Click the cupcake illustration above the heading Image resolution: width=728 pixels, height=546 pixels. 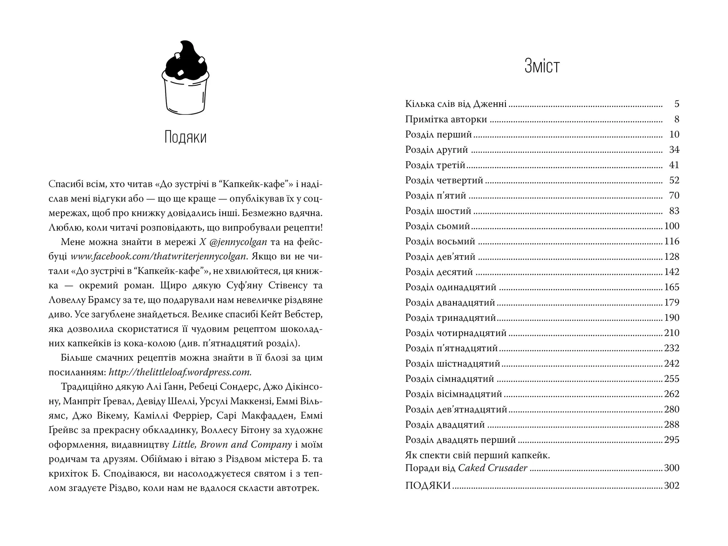pyautogui.click(x=185, y=77)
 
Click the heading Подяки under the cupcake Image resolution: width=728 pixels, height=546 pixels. pyautogui.click(x=185, y=137)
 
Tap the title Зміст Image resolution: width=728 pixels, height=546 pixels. pyautogui.click(x=542, y=66)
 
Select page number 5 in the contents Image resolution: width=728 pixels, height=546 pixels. pyautogui.click(x=677, y=104)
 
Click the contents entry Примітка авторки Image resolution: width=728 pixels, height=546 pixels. pyautogui.click(x=446, y=119)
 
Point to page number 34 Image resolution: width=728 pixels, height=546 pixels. pyautogui.click(x=674, y=150)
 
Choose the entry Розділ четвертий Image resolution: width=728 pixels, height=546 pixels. pyautogui.click(x=444, y=180)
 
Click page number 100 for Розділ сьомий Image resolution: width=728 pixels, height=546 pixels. pyautogui.click(x=672, y=226)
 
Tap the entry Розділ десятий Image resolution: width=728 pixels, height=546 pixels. pyautogui.click(x=439, y=272)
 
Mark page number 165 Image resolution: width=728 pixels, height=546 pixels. pyautogui.click(x=672, y=287)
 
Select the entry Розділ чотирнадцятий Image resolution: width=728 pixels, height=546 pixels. pyautogui.click(x=456, y=333)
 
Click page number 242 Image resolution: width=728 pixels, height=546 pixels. pyautogui.click(x=672, y=364)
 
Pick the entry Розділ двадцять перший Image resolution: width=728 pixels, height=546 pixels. pyautogui.click(x=460, y=440)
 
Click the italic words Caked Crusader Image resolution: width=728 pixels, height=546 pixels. pyautogui.click(x=493, y=468)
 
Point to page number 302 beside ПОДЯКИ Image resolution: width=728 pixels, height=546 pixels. pyautogui.click(x=672, y=486)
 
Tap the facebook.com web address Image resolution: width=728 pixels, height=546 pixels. pyautogui.click(x=159, y=256)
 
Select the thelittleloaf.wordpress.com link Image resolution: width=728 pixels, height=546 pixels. pyautogui.click(x=180, y=372)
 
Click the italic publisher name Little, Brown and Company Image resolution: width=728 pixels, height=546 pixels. pyautogui.click(x=232, y=444)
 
